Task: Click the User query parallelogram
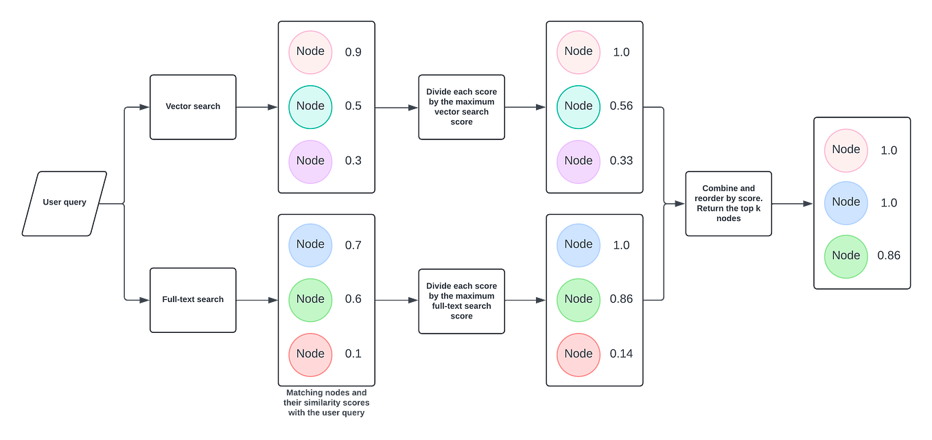[x=65, y=203]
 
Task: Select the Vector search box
[x=193, y=107]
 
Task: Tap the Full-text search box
[x=193, y=300]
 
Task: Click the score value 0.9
[x=353, y=52]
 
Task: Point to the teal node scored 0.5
[x=310, y=106]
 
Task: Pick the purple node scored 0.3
[x=310, y=161]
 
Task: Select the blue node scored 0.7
[x=310, y=245]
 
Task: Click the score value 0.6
[x=353, y=299]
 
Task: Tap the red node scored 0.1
[x=310, y=354]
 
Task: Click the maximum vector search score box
[x=461, y=107]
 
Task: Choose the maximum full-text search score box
[x=461, y=301]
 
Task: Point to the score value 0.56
[x=621, y=106]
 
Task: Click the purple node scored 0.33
[x=579, y=161]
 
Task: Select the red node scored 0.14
[x=579, y=354]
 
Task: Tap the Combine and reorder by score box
[x=728, y=204]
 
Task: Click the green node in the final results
[x=846, y=256]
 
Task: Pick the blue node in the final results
[x=846, y=202]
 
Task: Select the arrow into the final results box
[x=792, y=204]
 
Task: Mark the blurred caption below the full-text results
[x=326, y=404]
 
